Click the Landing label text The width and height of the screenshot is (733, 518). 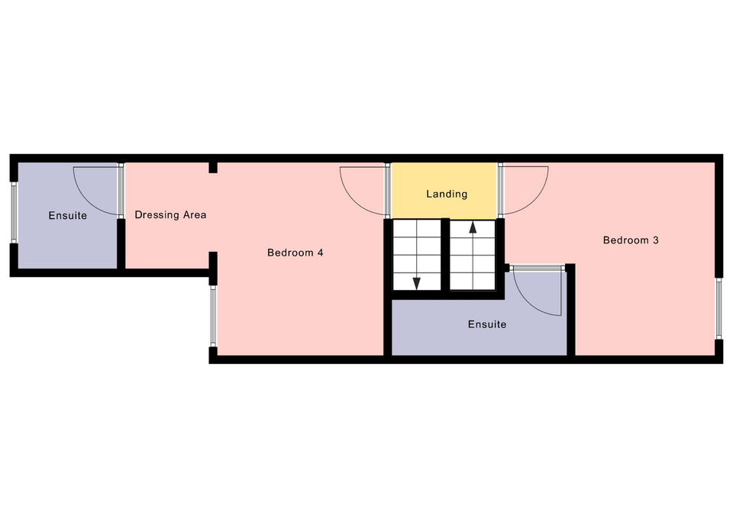click(x=447, y=194)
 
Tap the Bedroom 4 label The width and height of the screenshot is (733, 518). click(x=295, y=253)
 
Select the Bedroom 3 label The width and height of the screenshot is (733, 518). click(x=631, y=240)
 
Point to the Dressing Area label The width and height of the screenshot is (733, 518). click(x=170, y=215)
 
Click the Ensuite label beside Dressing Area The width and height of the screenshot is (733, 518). click(x=68, y=215)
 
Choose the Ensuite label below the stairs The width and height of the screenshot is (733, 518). click(x=487, y=324)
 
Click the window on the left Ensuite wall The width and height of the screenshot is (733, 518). click(x=14, y=213)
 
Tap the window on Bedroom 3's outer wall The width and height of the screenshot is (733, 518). click(x=719, y=309)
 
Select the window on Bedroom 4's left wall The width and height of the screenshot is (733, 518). click(x=213, y=317)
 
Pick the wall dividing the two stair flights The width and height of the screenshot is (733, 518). click(x=445, y=255)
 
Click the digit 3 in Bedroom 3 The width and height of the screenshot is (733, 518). click(x=656, y=240)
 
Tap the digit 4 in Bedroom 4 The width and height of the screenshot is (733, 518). click(x=320, y=253)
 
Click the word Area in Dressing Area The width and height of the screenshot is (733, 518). click(x=195, y=215)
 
